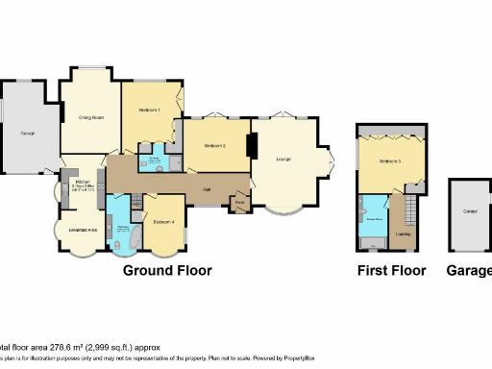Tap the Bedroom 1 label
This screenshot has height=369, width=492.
point(148,111)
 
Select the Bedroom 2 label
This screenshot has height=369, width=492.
point(214,145)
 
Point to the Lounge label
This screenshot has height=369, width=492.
point(283,159)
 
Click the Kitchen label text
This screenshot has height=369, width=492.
point(83,181)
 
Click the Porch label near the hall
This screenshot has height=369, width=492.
point(239,203)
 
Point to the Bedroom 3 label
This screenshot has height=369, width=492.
point(389,160)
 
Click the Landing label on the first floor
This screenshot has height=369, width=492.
point(403,234)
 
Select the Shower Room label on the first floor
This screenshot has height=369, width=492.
point(373,219)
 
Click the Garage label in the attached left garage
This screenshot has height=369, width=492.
point(29,132)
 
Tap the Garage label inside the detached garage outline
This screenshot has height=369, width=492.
point(471,211)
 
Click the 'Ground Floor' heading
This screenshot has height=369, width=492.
point(167,271)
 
